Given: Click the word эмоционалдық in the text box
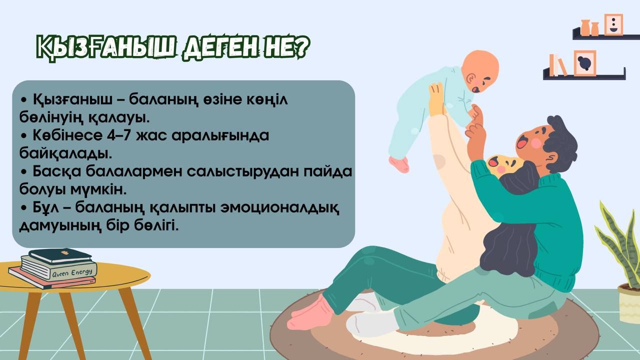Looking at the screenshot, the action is click(279, 207).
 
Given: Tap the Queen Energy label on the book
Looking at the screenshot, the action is click(72, 272).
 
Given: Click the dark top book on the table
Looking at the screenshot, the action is click(60, 255).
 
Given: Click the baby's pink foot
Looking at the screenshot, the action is click(399, 164).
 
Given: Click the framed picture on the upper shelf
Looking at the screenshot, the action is click(613, 24).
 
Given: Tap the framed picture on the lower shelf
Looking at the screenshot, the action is click(585, 63).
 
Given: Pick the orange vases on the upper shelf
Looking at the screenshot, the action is click(589, 27).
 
